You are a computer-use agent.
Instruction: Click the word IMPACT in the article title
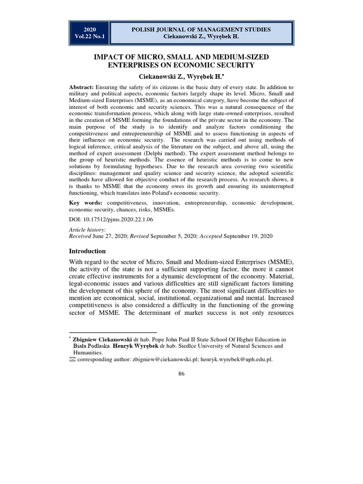tap(110, 57)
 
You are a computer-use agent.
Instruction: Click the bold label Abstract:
tap(81, 87)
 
